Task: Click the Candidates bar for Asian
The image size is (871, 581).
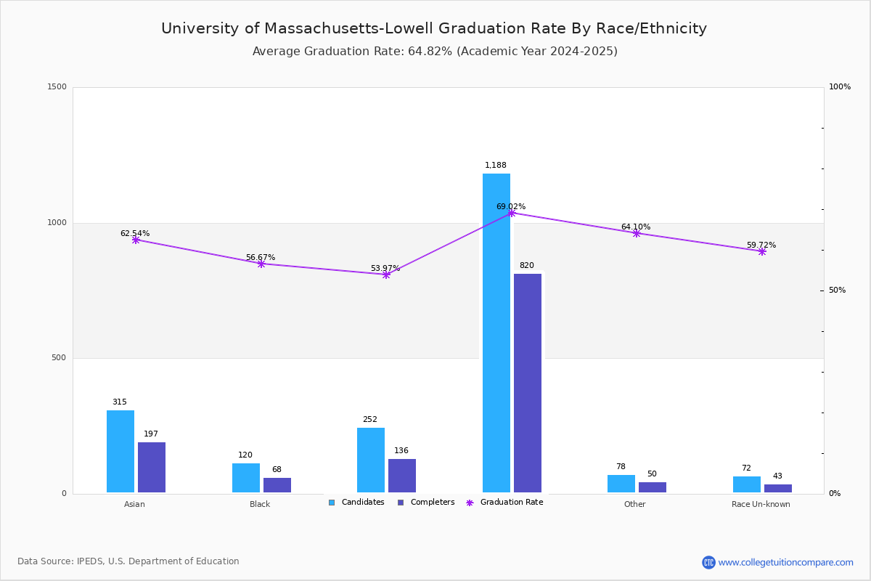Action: coord(120,451)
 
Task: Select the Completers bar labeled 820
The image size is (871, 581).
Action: coord(528,383)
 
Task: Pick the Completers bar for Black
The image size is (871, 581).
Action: coord(277,485)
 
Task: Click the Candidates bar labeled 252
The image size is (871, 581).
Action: coord(371,460)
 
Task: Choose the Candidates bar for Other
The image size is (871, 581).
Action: coord(621,484)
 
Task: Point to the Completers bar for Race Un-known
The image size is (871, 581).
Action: coord(778,488)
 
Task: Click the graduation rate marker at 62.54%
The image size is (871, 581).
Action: coord(136,240)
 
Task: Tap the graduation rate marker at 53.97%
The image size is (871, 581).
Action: coord(386,275)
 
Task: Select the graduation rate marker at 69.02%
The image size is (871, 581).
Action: coord(512,213)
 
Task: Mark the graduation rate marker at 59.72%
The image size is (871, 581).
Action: coord(762,251)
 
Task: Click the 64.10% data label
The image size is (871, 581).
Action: coord(636,227)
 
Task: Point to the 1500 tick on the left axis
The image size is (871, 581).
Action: coord(58,87)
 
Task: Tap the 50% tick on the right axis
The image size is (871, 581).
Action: coord(837,290)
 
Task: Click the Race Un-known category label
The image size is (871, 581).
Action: coord(761,504)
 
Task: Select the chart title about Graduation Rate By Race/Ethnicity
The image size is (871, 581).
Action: coord(434,28)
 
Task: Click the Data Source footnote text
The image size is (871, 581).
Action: coord(128,561)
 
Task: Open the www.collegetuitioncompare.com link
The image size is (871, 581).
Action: coord(785,562)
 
